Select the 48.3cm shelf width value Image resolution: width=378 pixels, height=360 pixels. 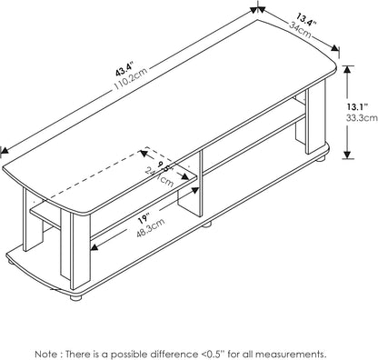124,233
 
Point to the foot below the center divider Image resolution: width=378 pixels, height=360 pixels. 207,221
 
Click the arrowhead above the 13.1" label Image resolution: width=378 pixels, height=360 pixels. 350,75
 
